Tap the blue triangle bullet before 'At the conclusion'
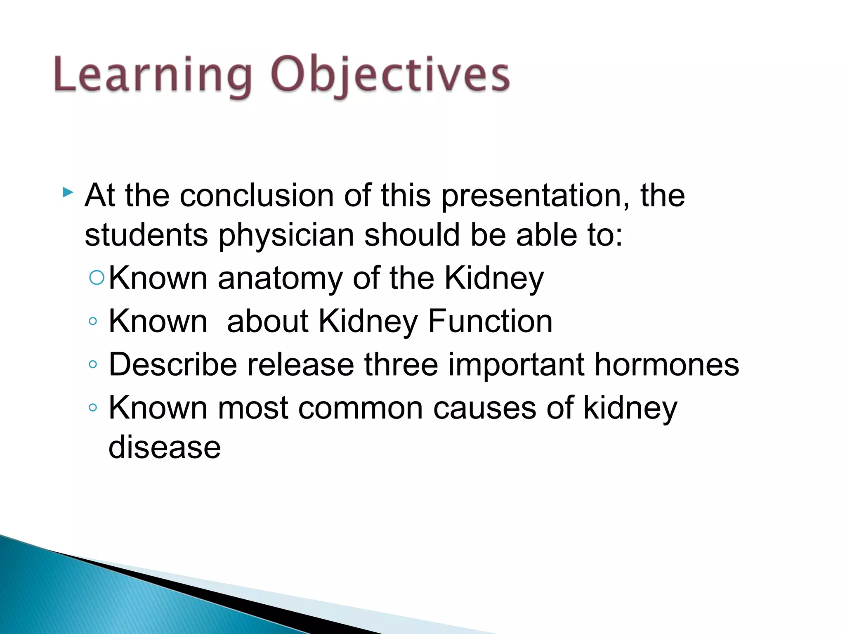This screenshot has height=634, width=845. coord(68,192)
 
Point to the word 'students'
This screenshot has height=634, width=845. coord(146,235)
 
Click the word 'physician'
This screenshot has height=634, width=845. coord(286,236)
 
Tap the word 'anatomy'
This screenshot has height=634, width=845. coord(280,279)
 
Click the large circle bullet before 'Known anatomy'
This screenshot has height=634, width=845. coord(97,278)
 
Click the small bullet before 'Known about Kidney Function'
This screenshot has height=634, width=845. coord(93,321)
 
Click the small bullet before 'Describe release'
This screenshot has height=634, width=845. coord(93,364)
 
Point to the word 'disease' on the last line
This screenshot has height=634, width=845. coord(164,447)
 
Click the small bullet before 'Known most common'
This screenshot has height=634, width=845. coord(93,408)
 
